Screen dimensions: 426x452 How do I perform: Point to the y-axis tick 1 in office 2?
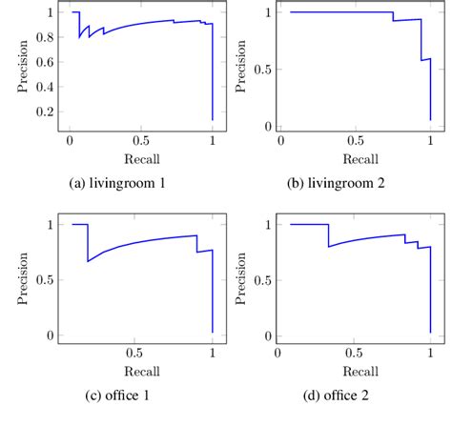pos(269,225)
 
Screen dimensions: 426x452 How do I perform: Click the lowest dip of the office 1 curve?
pos(89,261)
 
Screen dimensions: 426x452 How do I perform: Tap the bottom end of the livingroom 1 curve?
pos(212,120)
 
